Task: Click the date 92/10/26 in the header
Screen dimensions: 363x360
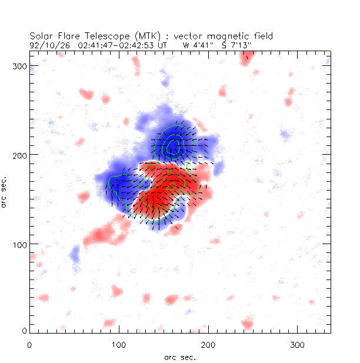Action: [x=46, y=44]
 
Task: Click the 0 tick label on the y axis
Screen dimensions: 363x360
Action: [x=25, y=332]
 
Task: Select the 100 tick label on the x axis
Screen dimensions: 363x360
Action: [x=119, y=344]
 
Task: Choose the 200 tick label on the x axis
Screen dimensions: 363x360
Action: [x=208, y=344]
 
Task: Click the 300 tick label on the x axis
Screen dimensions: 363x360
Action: [x=298, y=344]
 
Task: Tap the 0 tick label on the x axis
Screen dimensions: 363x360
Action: [x=29, y=344]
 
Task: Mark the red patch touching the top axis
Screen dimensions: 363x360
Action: [x=247, y=55]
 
